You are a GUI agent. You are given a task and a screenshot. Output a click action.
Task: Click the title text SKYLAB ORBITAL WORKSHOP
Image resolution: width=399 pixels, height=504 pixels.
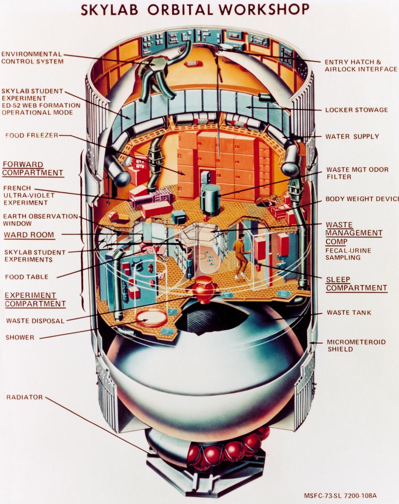pos(195,9)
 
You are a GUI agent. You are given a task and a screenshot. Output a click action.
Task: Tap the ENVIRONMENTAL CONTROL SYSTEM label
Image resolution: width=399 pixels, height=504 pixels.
pos(31,57)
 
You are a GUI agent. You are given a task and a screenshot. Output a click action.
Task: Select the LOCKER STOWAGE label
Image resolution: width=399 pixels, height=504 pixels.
pos(356,110)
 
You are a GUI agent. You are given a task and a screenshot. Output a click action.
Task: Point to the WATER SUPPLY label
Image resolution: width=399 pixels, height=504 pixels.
pos(352,136)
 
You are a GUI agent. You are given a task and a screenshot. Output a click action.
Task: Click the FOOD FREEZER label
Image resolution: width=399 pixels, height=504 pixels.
pos(31,135)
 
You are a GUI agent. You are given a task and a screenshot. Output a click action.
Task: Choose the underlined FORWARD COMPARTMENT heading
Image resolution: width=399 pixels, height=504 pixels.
pos(33,169)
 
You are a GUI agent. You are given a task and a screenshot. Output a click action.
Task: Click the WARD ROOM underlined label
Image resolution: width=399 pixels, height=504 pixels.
pos(29,235)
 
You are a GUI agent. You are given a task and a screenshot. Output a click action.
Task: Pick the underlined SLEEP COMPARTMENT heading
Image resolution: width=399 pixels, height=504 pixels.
pos(356,284)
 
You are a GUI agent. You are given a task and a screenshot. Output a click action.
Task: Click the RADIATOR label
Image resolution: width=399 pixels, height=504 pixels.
pos(24,397)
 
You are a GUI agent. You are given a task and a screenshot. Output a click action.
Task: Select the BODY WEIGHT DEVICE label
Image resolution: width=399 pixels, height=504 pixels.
pos(361,199)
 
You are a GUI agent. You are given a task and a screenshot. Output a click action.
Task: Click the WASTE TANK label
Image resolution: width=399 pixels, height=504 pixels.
pos(349,313)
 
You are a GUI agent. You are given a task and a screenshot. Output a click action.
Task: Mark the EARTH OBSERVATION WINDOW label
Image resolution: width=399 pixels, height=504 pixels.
pos(40,220)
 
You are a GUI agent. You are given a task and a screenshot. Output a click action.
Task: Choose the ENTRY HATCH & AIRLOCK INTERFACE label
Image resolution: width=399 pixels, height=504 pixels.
pos(360,65)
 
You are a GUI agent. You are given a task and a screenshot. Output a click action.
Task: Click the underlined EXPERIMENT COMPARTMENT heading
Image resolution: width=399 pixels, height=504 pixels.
pos(35,299)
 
